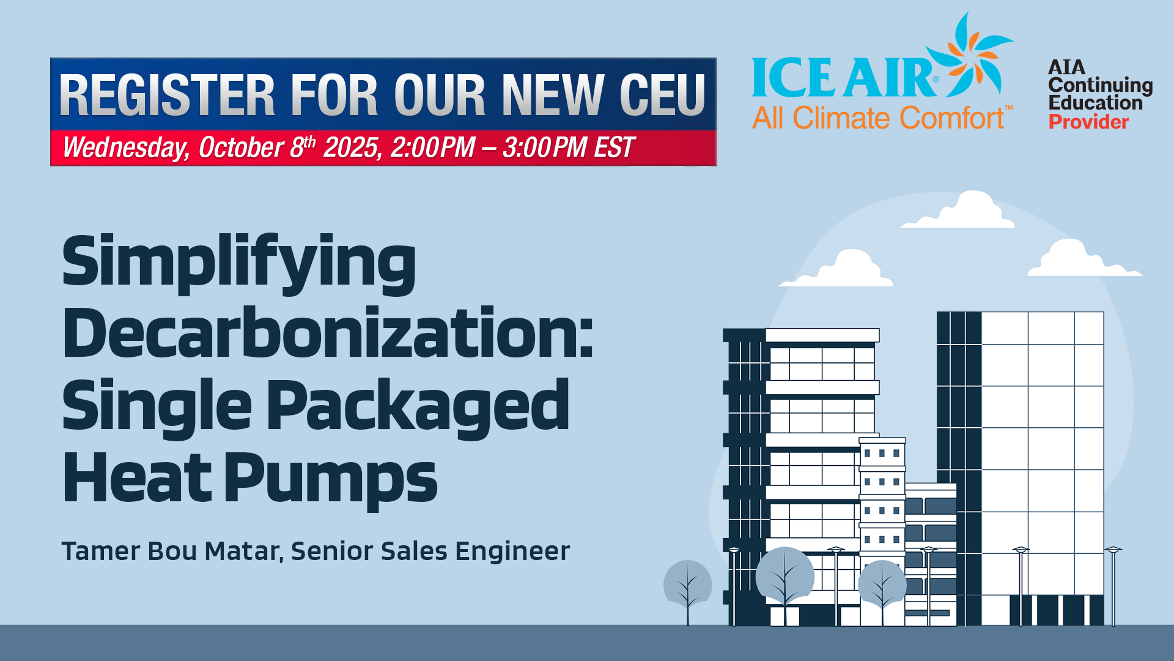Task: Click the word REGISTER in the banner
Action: pos(168,95)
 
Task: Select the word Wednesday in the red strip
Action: pos(126,148)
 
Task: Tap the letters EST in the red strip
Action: pos(615,148)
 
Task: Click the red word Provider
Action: pos(1088,122)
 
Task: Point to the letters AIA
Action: pos(1066,67)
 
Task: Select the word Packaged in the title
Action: pos(418,407)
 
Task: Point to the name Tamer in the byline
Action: pos(101,551)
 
